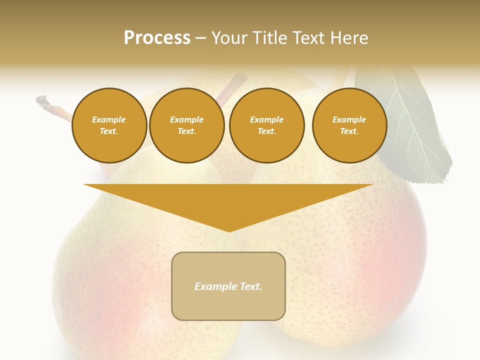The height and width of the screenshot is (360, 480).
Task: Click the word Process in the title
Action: click(x=157, y=38)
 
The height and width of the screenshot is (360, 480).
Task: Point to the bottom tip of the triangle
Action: click(x=229, y=230)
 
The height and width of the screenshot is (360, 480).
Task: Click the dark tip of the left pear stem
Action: click(x=43, y=101)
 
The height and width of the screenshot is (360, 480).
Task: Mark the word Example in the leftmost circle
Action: click(x=109, y=119)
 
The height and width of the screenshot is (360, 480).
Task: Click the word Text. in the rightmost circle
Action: click(x=349, y=131)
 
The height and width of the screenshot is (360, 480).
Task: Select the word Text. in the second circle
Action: click(x=186, y=131)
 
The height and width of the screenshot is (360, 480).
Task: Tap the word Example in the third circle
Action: click(x=267, y=119)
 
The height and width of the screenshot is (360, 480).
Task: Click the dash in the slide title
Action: click(x=201, y=38)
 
